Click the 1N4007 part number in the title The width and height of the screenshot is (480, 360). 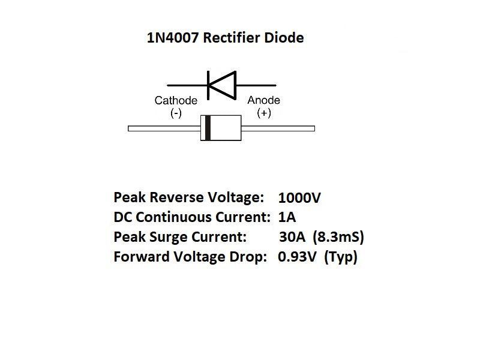tap(172, 38)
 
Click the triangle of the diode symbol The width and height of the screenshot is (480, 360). tap(221, 84)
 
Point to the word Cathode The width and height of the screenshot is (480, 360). tap(176, 100)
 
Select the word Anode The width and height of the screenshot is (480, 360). tap(263, 100)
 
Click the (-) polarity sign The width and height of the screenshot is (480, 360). tap(176, 113)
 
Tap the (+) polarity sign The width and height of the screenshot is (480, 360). tap(263, 113)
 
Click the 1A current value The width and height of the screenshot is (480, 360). tap(287, 217)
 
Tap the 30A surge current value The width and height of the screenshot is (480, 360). tap(292, 237)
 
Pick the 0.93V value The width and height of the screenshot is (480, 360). tap(298, 257)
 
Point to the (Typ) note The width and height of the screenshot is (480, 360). tap(341, 257)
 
